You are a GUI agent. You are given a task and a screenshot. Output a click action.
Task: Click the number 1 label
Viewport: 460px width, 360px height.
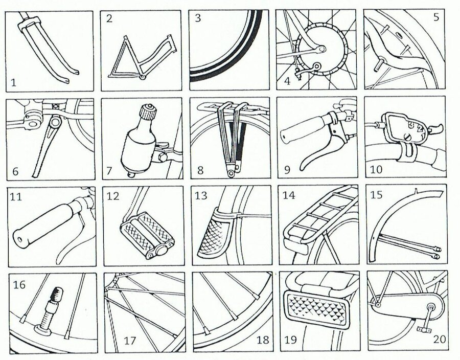click(14, 81)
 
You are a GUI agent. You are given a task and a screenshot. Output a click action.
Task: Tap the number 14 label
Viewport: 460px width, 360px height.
click(289, 195)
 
